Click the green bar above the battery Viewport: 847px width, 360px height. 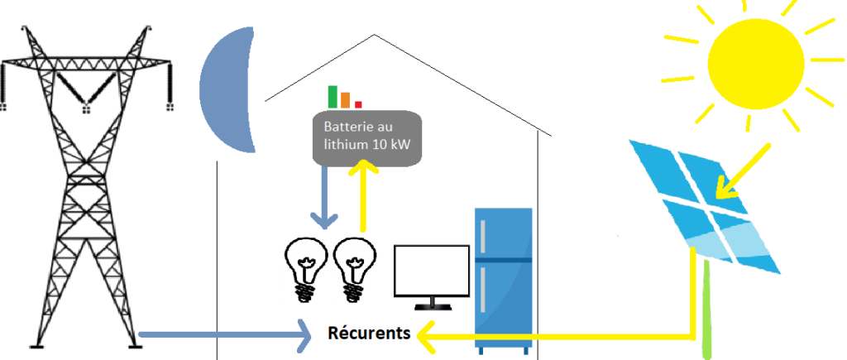click(x=333, y=96)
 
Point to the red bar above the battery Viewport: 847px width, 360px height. click(x=358, y=103)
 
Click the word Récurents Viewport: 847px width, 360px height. click(x=369, y=334)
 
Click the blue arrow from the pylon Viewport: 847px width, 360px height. click(x=223, y=335)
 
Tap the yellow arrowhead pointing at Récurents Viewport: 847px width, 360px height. click(x=425, y=336)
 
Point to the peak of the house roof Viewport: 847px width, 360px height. click(x=376, y=35)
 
